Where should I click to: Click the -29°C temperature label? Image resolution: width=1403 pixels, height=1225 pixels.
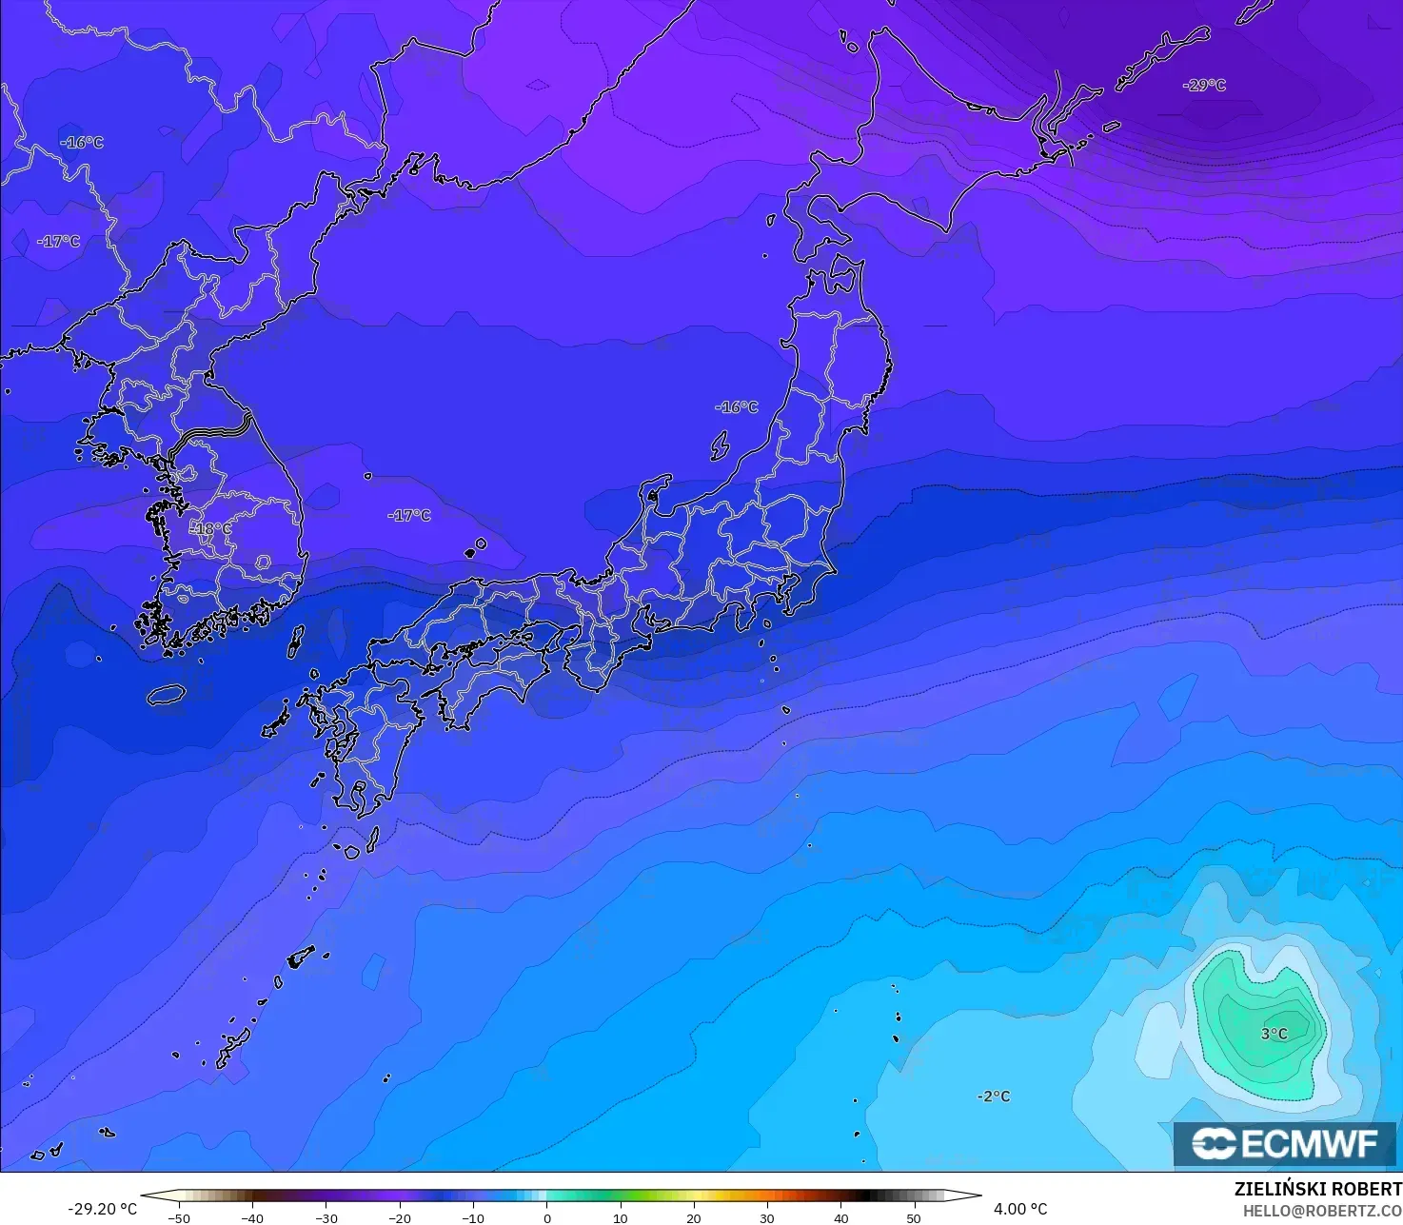(x=1204, y=85)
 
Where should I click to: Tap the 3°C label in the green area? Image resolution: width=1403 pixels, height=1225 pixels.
(x=1274, y=1034)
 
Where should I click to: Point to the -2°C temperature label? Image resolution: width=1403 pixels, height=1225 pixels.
(x=994, y=1097)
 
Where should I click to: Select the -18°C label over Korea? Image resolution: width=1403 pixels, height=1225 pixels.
(x=211, y=528)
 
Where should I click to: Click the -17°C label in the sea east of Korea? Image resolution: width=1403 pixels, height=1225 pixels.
(x=409, y=515)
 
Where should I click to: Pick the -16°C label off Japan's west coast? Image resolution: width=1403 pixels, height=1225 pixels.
(x=737, y=407)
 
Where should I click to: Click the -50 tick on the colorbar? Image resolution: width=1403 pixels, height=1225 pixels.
(x=178, y=1217)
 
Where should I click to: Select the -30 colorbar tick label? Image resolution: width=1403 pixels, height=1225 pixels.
(x=326, y=1217)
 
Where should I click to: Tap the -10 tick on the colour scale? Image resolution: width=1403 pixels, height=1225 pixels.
(x=473, y=1217)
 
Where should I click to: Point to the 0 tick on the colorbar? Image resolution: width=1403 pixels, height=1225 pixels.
(x=547, y=1217)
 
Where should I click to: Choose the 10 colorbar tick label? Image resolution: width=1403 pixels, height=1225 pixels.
(x=621, y=1217)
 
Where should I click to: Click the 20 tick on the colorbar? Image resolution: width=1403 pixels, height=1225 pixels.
(x=694, y=1217)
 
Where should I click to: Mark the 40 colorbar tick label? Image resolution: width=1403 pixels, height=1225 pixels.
(x=841, y=1217)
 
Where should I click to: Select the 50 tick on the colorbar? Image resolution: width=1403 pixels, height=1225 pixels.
(x=915, y=1217)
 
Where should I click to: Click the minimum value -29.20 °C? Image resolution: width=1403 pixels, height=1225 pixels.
(x=102, y=1209)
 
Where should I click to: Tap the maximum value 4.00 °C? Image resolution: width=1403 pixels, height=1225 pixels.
(x=1020, y=1209)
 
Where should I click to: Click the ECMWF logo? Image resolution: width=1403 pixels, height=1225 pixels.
(x=1285, y=1144)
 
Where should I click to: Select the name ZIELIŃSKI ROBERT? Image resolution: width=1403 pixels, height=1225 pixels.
(x=1317, y=1189)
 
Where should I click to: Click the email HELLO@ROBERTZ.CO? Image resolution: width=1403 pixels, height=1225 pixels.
(x=1322, y=1211)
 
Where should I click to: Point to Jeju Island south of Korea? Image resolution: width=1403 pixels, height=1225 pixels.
(x=166, y=695)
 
